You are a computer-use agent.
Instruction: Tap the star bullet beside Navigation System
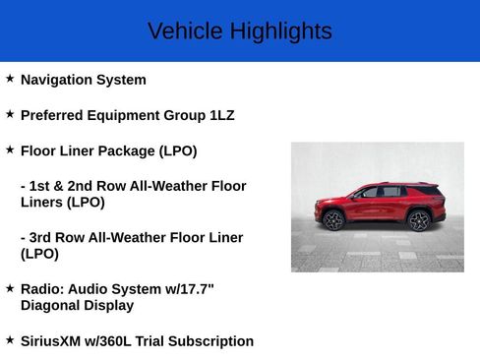click(x=10, y=78)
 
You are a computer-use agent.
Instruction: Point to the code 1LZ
click(x=222, y=115)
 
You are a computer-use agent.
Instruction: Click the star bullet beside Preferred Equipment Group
click(x=10, y=113)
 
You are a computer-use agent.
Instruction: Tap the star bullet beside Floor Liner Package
click(x=10, y=149)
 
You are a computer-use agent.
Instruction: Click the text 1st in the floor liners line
click(x=40, y=186)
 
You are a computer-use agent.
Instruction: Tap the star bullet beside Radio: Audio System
click(x=10, y=287)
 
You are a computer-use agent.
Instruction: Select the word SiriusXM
click(x=55, y=341)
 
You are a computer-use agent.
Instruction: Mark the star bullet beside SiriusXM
click(x=10, y=339)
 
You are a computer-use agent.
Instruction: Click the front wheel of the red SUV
click(x=333, y=220)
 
